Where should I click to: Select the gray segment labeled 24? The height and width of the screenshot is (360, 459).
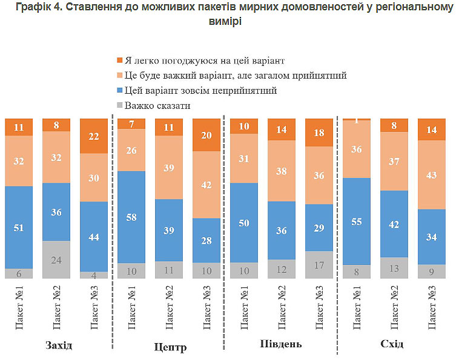(56, 260)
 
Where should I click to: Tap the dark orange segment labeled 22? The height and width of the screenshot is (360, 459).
(94, 136)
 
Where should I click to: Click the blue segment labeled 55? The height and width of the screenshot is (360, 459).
(357, 221)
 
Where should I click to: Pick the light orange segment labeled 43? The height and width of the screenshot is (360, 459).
(432, 175)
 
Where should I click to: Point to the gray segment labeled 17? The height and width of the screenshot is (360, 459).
(320, 264)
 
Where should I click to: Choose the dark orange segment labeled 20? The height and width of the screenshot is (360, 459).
(207, 135)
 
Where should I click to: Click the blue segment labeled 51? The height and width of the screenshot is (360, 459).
(19, 227)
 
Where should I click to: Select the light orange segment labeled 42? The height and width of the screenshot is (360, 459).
(207, 185)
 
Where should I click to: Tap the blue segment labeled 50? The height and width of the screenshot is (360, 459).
(245, 223)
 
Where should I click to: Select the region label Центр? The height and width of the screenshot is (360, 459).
(170, 347)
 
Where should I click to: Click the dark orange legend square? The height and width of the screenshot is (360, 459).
(119, 60)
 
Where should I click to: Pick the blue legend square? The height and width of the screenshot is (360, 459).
(119, 91)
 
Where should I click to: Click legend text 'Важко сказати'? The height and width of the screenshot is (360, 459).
(157, 106)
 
